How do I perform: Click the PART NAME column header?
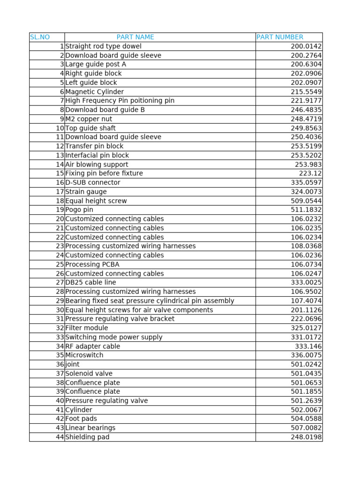click(x=135, y=37)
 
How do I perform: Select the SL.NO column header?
click(x=40, y=37)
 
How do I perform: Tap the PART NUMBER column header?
click(x=280, y=37)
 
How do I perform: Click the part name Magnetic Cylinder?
click(x=95, y=92)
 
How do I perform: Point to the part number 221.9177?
click(x=306, y=101)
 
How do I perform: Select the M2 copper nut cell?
click(x=89, y=119)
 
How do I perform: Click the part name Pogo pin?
click(x=79, y=210)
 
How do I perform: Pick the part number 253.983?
click(x=308, y=165)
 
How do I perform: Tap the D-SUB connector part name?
click(x=93, y=182)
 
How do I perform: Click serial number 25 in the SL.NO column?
click(x=60, y=264)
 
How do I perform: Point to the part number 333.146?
click(x=308, y=346)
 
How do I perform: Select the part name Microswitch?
click(x=84, y=355)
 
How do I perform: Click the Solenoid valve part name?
click(x=89, y=374)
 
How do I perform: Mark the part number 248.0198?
click(x=306, y=437)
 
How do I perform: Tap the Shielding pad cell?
click(x=87, y=437)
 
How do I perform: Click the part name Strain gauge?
click(x=86, y=192)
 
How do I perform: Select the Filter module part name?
click(x=87, y=328)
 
